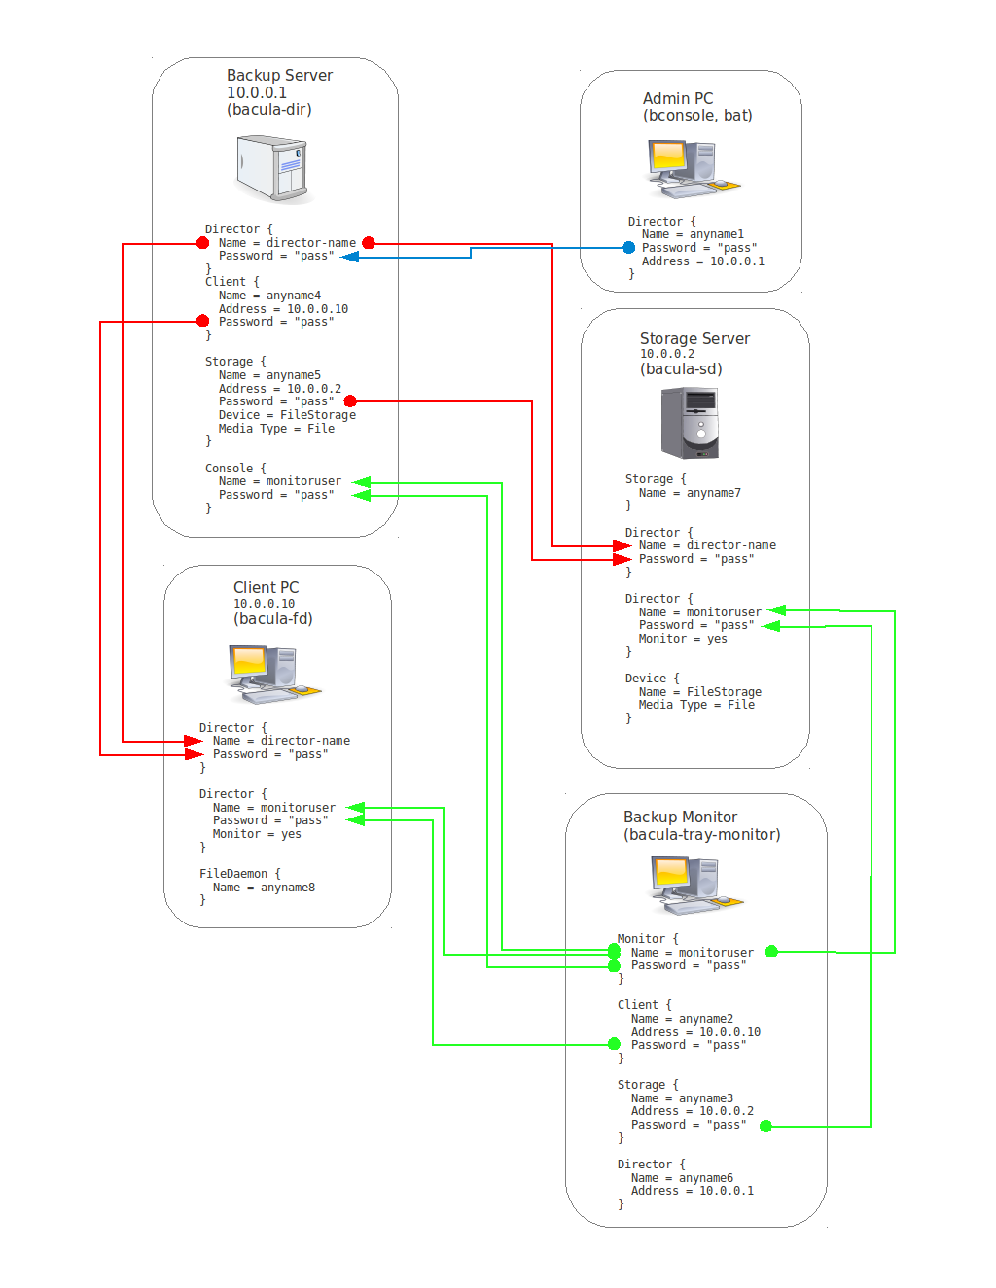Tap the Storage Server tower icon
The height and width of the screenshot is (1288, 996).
pyautogui.click(x=690, y=423)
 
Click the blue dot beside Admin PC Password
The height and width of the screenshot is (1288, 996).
pyautogui.click(x=629, y=248)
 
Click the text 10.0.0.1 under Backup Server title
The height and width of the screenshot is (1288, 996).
pyautogui.click(x=257, y=92)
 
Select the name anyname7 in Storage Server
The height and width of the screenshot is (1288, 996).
pyautogui.click(x=713, y=493)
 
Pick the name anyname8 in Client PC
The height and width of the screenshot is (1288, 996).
pyautogui.click(x=287, y=888)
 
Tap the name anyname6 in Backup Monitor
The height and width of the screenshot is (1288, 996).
pyautogui.click(x=705, y=1178)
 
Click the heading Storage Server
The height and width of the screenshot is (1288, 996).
pyautogui.click(x=694, y=338)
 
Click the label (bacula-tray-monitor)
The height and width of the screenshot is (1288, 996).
pyautogui.click(x=701, y=834)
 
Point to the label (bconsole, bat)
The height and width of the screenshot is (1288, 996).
pyautogui.click(x=697, y=115)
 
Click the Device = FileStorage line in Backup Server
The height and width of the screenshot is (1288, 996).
pyautogui.click(x=287, y=415)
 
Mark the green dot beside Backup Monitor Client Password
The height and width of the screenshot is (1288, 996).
pyautogui.click(x=614, y=1044)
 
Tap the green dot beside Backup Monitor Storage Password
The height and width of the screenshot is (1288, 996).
pyautogui.click(x=765, y=1126)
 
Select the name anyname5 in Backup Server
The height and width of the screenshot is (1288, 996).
pyautogui.click(x=293, y=375)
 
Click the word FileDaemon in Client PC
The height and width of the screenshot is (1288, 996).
pyautogui.click(x=233, y=874)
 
